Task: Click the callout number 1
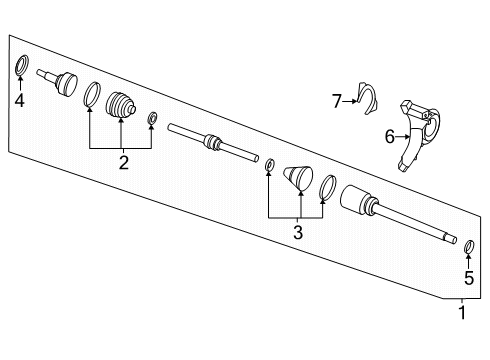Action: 462,312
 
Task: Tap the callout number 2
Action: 124,162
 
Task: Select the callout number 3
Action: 297,232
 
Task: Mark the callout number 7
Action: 338,99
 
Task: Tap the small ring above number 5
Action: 468,245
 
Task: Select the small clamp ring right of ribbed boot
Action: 152,121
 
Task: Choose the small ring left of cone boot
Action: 270,163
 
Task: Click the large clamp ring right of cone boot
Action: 327,187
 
